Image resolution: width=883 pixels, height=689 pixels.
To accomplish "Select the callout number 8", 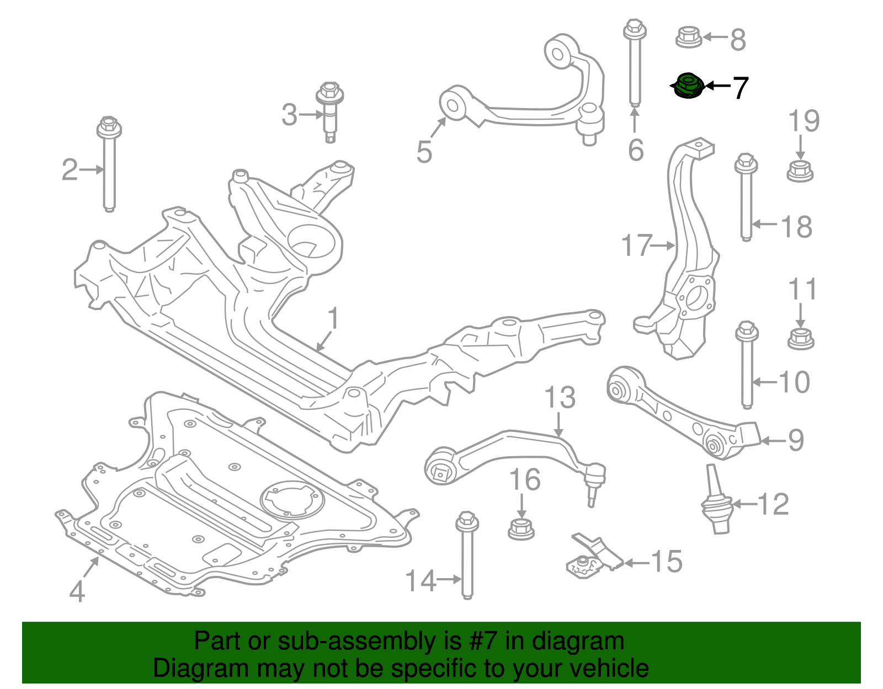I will coord(738,39).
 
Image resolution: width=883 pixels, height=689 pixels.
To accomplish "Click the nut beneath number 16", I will coord(520,528).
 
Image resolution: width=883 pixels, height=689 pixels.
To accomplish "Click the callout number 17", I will coord(636,245).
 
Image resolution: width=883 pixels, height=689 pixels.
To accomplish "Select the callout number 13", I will coord(560,398).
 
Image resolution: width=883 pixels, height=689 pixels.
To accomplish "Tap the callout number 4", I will coord(77,592).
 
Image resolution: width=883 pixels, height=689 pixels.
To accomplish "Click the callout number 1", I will coord(333,319).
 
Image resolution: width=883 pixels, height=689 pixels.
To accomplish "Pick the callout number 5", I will coord(424,152).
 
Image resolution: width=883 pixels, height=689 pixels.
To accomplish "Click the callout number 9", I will coord(795,440).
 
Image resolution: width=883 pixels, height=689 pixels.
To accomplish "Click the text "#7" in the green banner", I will coord(484,642).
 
